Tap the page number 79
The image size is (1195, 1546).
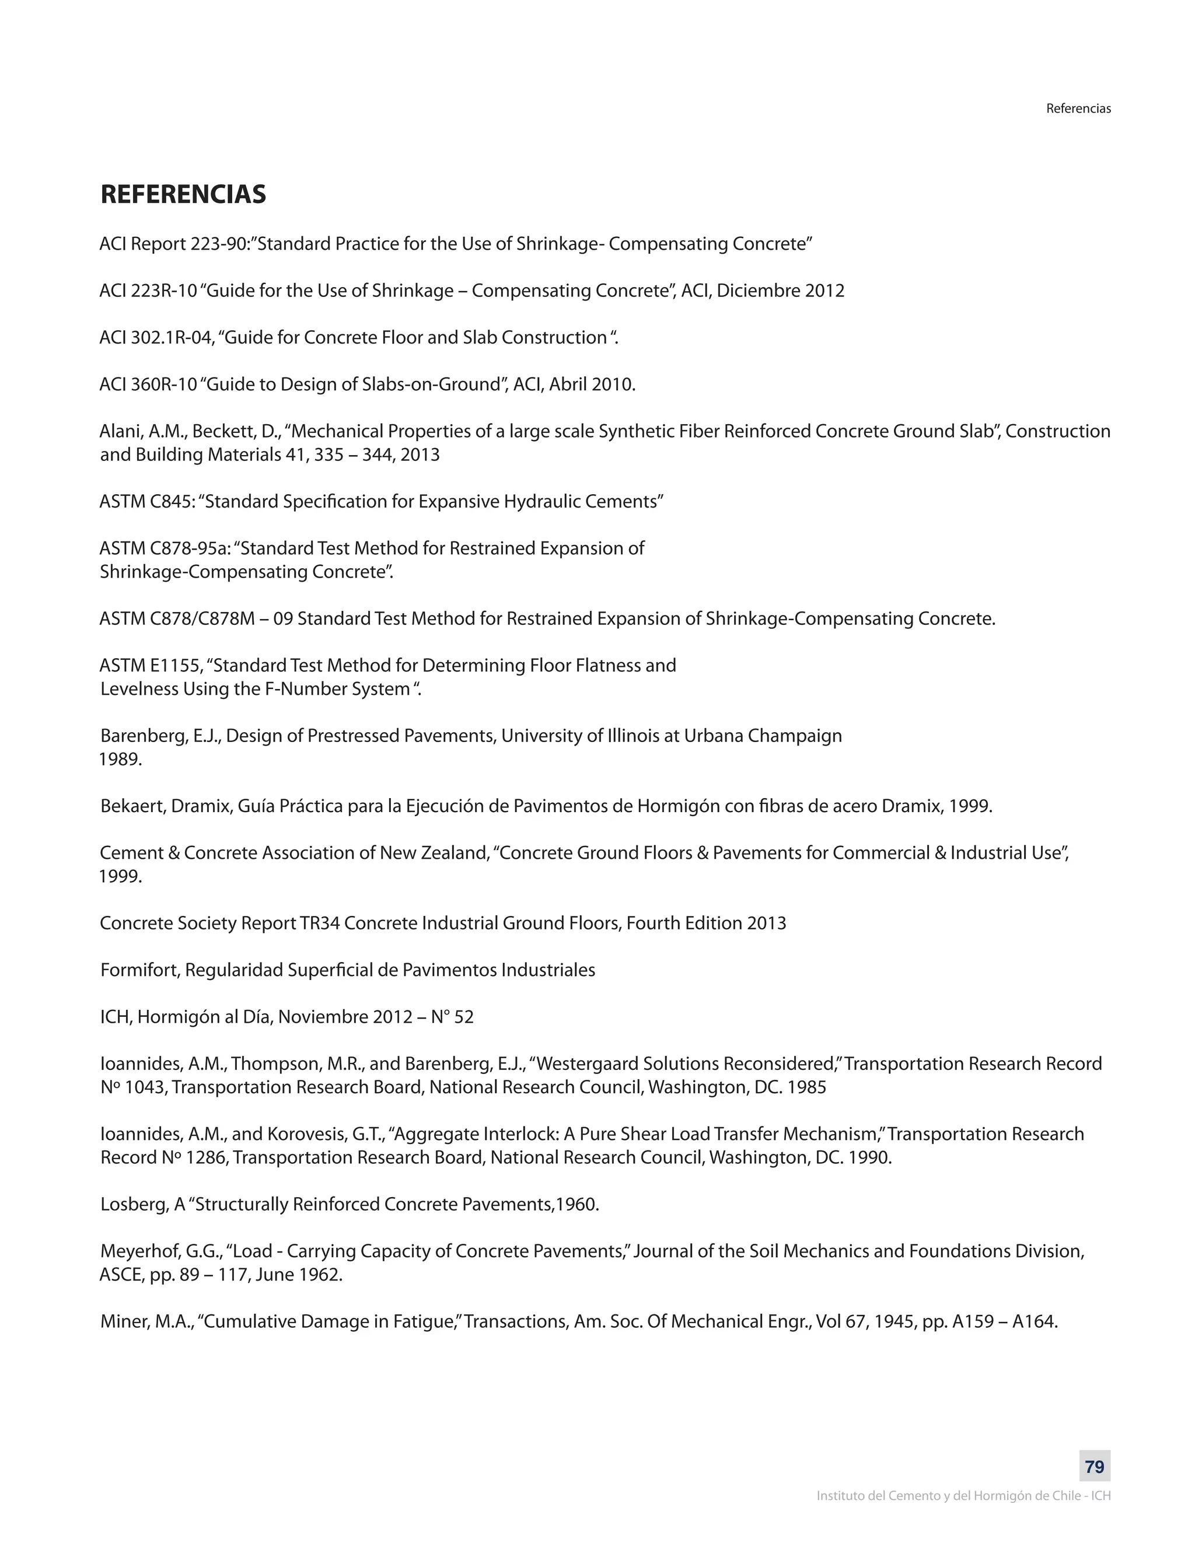pyautogui.click(x=1095, y=1467)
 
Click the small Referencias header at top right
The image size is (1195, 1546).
pyautogui.click(x=1078, y=109)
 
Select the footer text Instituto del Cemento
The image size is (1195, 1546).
pyautogui.click(x=963, y=1496)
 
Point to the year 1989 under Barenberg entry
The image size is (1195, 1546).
pyautogui.click(x=120, y=760)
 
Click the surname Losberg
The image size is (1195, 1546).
pyautogui.click(x=132, y=1204)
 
